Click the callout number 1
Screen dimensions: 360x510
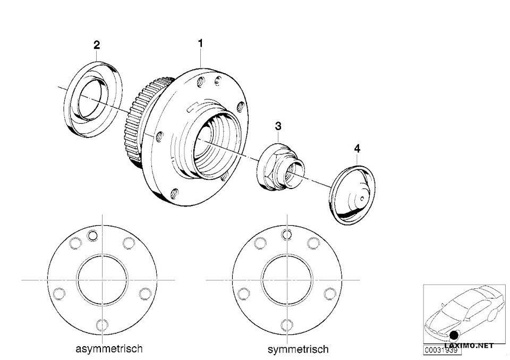tap(201, 44)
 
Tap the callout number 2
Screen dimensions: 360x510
tap(96, 45)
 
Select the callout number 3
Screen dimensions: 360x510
tap(278, 126)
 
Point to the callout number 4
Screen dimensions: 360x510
tap(357, 149)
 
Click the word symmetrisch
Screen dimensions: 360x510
tap(297, 349)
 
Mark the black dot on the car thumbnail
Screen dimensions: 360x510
tap(455, 336)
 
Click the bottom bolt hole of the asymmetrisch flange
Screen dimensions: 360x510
tap(103, 324)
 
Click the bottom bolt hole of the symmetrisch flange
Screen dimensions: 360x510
tap(287, 324)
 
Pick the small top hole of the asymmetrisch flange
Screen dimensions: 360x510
tap(94, 236)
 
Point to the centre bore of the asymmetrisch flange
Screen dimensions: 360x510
tap(103, 279)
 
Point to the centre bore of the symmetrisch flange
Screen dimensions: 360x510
tap(287, 279)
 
